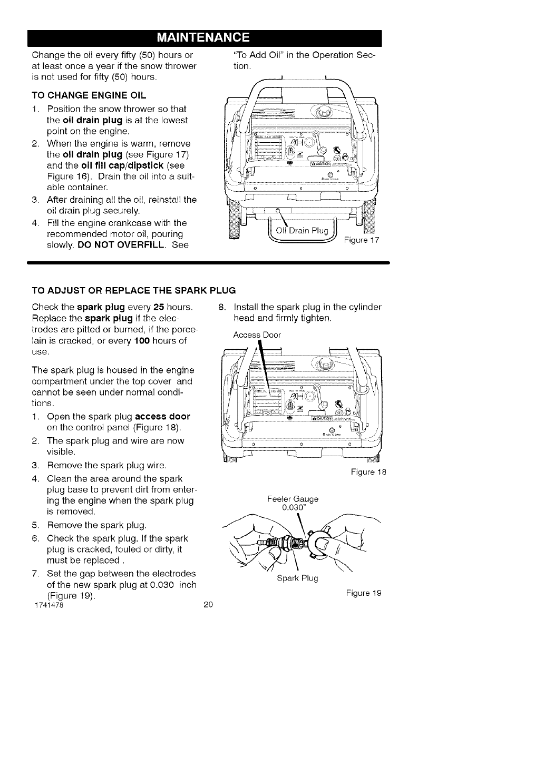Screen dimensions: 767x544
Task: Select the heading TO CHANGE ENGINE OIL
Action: click(89, 95)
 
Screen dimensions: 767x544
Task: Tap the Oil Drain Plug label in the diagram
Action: click(302, 231)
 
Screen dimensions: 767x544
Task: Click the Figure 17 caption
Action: click(361, 241)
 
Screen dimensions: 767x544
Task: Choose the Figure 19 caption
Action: click(363, 593)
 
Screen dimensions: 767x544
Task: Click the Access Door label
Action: click(257, 335)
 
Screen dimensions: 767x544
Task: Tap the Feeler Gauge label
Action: click(293, 498)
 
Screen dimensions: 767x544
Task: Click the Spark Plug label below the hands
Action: click(297, 578)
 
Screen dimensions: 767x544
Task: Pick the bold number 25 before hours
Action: click(158, 307)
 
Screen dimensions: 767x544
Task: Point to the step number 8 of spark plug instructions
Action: click(222, 307)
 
